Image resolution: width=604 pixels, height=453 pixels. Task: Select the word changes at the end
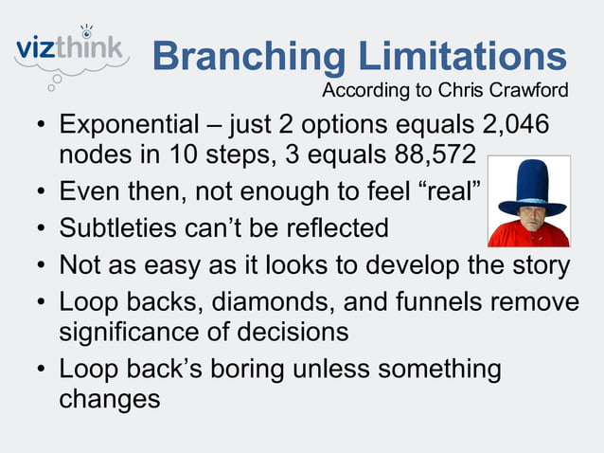click(x=110, y=399)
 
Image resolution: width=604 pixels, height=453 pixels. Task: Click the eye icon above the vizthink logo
click(x=88, y=28)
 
